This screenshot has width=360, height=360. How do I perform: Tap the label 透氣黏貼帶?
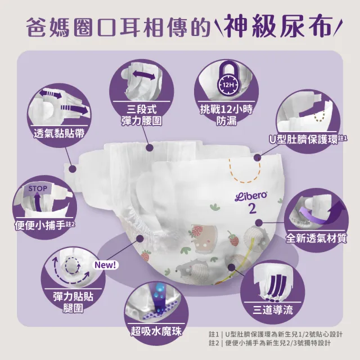(x=60, y=133)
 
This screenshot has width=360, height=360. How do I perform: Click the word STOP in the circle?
(x=38, y=188)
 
